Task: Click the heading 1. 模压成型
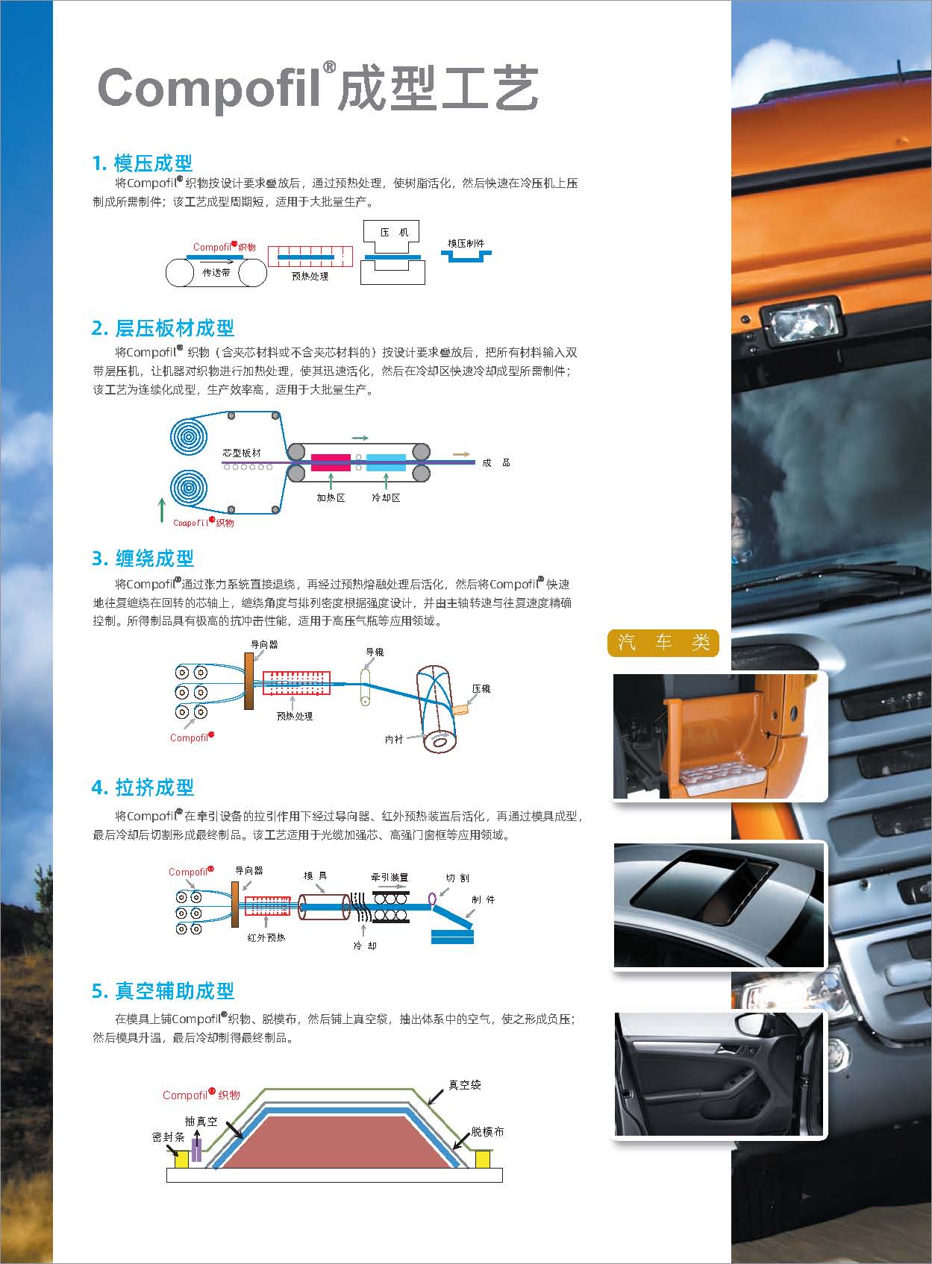(143, 163)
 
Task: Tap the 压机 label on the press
(393, 232)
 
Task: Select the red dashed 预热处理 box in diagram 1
(310, 257)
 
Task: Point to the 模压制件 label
(466, 243)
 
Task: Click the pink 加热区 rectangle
(331, 462)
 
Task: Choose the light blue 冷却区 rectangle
(386, 462)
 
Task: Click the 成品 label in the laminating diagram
(496, 462)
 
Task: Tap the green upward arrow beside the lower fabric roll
(163, 509)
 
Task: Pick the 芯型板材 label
(242, 453)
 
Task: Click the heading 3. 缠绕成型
(143, 558)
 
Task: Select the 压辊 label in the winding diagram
(481, 688)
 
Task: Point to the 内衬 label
(393, 739)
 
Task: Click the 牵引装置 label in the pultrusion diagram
(390, 877)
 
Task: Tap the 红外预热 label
(266, 937)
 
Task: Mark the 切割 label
(457, 878)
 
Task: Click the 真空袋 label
(465, 1084)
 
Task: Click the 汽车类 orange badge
(663, 643)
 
